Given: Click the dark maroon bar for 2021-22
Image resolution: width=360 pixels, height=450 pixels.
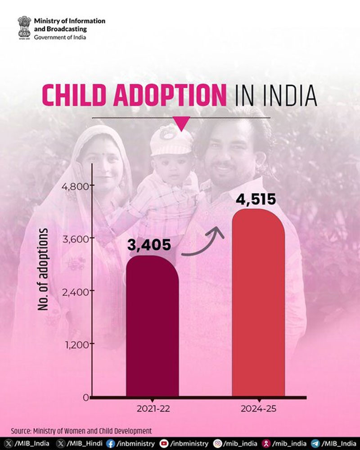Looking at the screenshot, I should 152,326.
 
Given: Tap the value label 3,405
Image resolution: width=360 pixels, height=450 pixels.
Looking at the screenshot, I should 149,245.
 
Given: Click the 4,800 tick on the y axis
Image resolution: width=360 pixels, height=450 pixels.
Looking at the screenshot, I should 76,186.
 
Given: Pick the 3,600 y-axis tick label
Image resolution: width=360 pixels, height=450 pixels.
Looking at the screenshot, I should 76,238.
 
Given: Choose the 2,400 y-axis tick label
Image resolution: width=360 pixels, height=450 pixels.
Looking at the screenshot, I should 76,291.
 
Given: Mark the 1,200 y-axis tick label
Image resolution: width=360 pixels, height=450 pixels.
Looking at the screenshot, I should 76,344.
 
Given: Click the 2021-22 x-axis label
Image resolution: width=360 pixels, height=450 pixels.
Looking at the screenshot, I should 152,409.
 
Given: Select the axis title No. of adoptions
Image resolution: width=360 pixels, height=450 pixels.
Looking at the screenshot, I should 44,269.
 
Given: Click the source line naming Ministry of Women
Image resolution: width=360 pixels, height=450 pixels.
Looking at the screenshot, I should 81,431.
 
